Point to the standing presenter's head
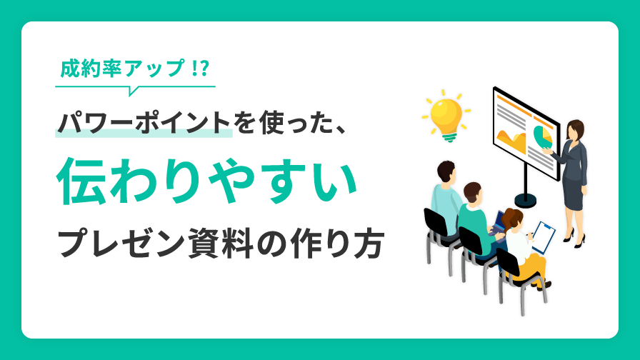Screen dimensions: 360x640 (x=575, y=130)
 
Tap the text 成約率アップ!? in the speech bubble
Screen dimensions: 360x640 (x=135, y=70)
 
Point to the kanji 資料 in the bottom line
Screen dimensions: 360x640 (x=211, y=244)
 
